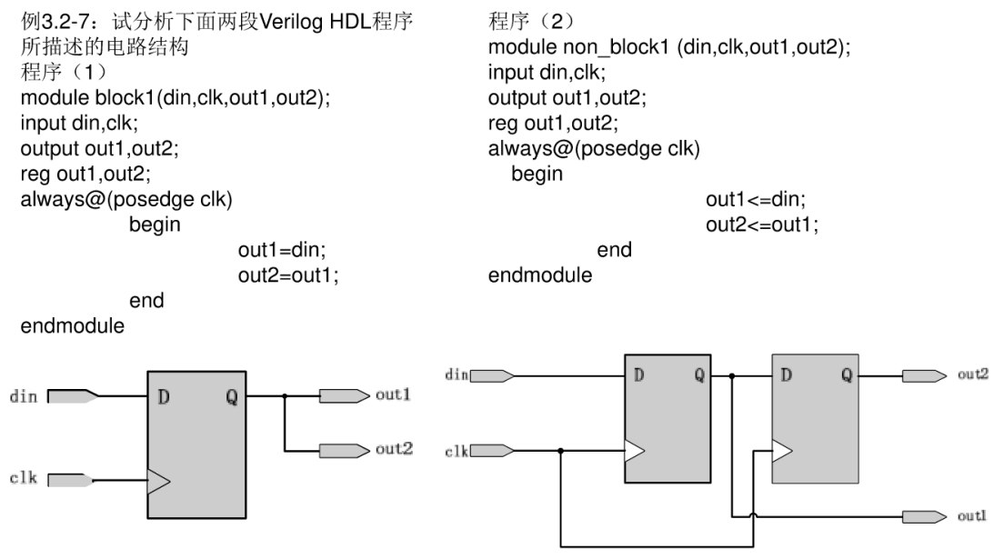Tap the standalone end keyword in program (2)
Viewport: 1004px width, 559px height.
pos(614,249)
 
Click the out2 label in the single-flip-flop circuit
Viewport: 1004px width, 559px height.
pos(394,450)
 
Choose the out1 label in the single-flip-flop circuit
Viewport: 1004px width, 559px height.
pos(394,395)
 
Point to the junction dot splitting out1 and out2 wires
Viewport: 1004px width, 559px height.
pos(285,396)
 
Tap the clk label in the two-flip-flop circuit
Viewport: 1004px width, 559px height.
pos(456,450)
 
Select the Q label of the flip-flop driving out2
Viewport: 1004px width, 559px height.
pos(846,374)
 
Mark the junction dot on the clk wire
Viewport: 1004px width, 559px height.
pos(561,450)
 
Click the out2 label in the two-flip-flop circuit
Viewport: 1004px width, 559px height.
pos(975,374)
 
